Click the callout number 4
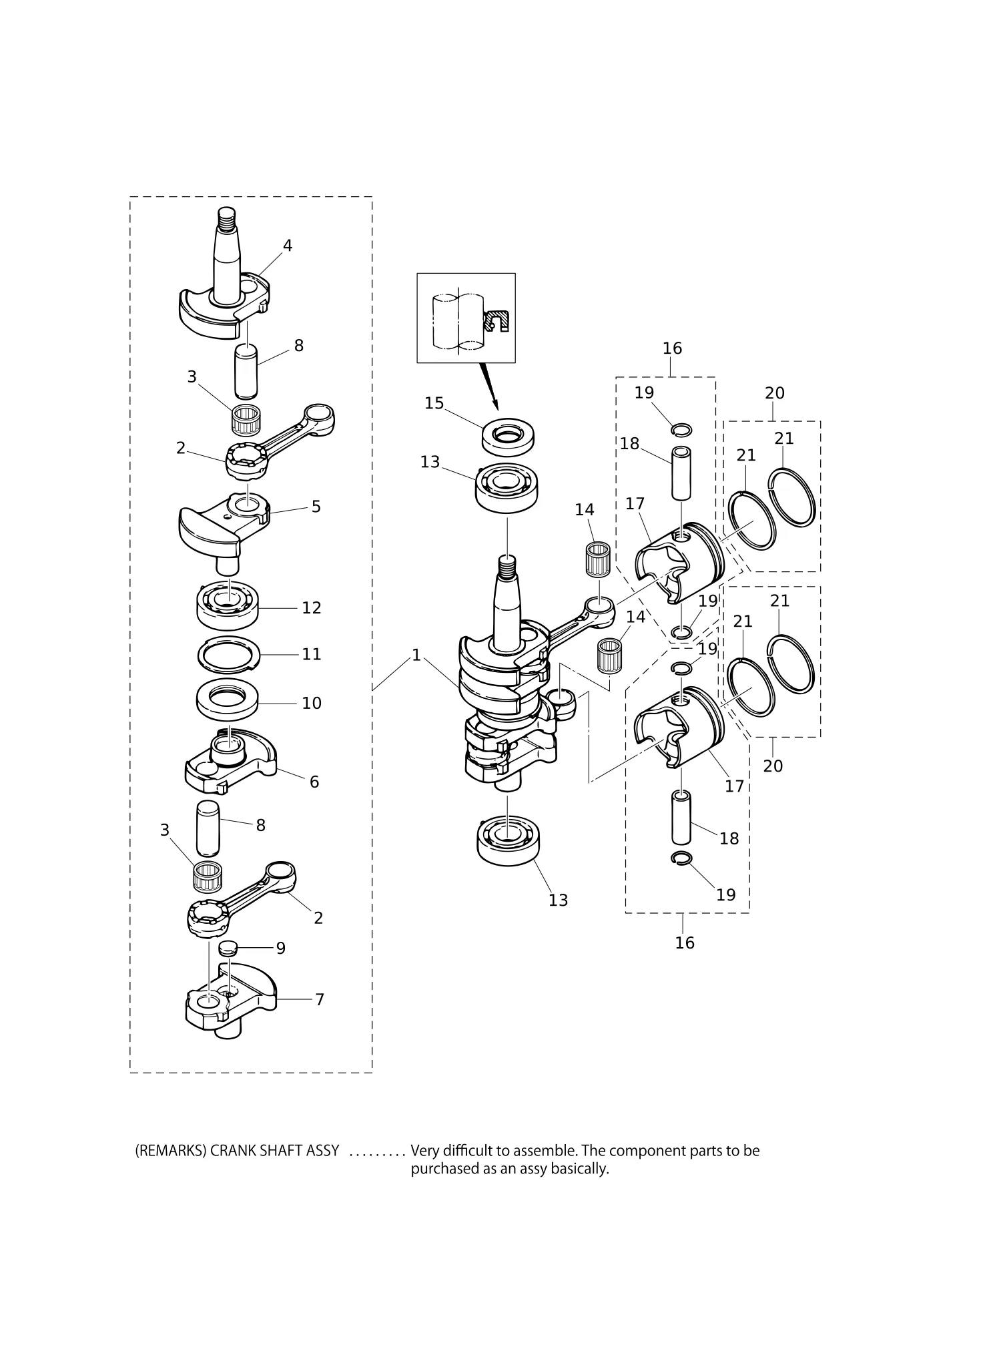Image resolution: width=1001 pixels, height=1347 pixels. coord(288,246)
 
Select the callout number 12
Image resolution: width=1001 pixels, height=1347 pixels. coord(312,607)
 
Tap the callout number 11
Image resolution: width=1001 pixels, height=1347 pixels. coord(312,654)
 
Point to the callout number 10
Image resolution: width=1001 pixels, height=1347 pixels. coord(312,703)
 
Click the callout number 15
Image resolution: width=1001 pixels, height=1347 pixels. coord(434,404)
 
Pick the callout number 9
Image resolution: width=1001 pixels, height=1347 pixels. coord(281,948)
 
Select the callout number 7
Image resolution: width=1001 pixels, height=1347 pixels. coord(320,999)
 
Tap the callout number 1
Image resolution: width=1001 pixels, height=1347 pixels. coord(416,655)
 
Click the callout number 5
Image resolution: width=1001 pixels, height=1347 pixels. coord(316,507)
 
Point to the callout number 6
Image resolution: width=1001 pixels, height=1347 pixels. coord(314,782)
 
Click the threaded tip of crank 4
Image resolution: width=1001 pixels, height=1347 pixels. coord(228,217)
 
